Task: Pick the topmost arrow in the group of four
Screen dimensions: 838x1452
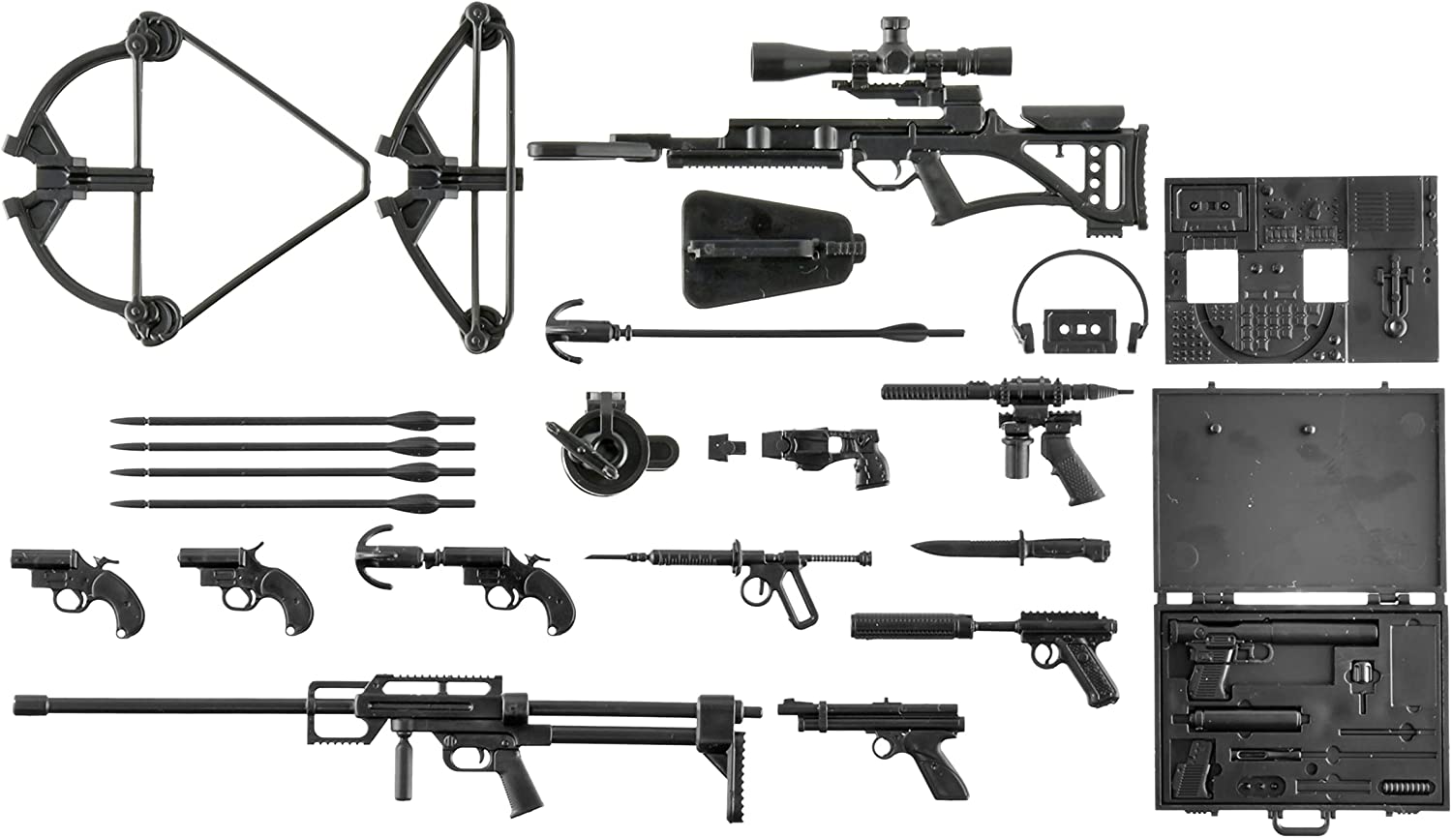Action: (290, 421)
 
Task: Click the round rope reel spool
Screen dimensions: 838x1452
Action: (590, 445)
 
